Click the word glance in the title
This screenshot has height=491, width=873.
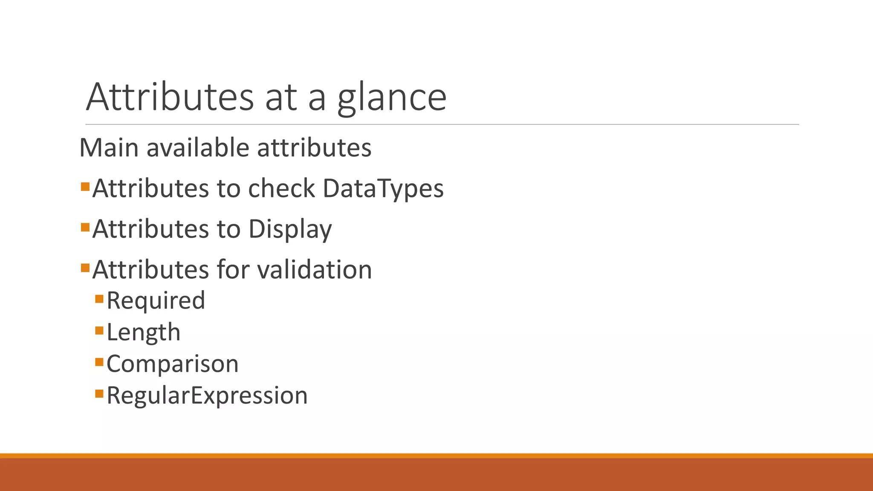(x=392, y=98)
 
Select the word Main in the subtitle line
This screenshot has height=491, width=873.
(x=109, y=148)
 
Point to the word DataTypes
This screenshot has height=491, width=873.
(x=383, y=188)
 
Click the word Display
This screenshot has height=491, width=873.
(x=290, y=229)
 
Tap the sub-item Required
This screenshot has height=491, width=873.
(x=156, y=300)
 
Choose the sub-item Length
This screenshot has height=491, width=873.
(x=143, y=332)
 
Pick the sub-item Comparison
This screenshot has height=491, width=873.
(x=172, y=364)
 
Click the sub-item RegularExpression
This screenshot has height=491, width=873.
(x=207, y=396)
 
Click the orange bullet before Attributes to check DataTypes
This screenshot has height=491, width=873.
(x=85, y=186)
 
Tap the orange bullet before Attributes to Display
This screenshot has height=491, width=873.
(x=85, y=227)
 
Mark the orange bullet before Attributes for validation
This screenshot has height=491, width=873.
(x=85, y=268)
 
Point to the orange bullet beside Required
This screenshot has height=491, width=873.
(x=99, y=298)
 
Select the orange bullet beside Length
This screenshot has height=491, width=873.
(x=99, y=330)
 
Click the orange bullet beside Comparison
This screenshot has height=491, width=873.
(x=99, y=362)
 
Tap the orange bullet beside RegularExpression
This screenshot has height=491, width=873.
(x=99, y=393)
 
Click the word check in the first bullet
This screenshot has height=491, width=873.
(x=281, y=188)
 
